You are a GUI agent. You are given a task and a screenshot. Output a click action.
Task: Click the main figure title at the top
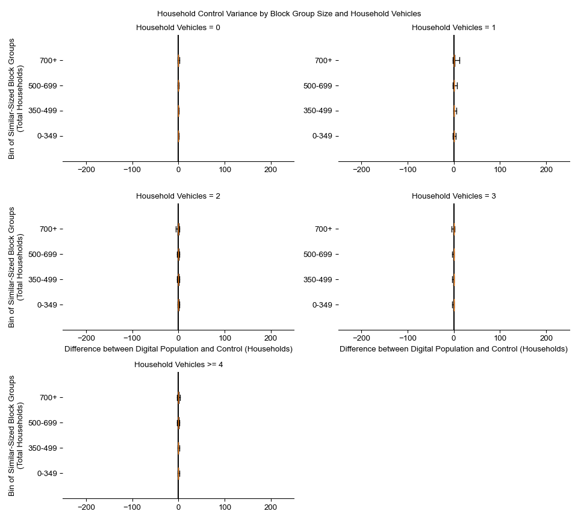point(289,13)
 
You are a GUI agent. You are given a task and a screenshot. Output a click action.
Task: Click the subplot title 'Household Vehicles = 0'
point(178,28)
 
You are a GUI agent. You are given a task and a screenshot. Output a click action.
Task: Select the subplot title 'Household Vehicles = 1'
point(453,28)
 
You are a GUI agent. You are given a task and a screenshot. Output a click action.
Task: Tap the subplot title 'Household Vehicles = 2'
point(178,196)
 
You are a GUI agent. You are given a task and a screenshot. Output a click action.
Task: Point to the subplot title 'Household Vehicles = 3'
point(453,196)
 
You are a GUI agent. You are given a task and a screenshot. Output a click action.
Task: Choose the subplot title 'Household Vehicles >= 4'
point(178,365)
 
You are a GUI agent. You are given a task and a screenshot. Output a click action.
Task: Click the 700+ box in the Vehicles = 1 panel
point(455,60)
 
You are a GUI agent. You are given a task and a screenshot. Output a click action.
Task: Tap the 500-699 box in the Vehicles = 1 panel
point(455,85)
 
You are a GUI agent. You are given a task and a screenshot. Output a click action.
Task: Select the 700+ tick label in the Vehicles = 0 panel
point(48,60)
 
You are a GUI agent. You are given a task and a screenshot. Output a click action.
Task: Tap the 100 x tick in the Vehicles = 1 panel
point(500,170)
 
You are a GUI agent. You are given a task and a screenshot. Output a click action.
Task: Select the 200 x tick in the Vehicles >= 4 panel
point(271,507)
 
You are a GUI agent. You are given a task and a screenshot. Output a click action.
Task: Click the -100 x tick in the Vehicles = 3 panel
point(408,339)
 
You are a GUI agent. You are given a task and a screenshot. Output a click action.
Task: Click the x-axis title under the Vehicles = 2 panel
point(178,349)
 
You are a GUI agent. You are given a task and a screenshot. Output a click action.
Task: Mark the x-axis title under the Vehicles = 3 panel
point(453,349)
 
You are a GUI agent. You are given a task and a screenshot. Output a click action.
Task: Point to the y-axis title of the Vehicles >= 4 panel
point(16,436)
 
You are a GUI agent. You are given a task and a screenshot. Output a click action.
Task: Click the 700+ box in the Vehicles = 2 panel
point(179,229)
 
